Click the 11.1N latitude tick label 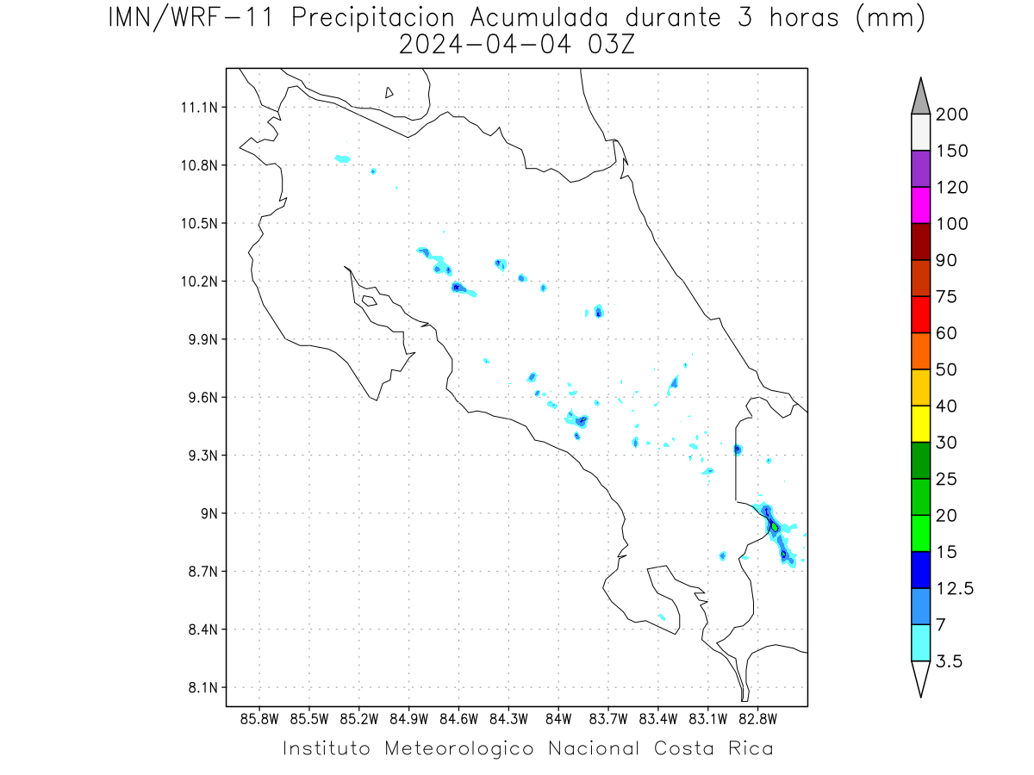199,108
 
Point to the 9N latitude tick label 209,513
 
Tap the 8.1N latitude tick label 203,687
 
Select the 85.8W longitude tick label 259,720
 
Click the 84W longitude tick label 558,720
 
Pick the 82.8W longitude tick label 757,720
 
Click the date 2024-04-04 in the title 485,45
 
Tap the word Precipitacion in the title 372,18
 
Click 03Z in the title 611,45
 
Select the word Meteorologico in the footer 458,748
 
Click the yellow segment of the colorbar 920,424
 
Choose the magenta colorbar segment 920,205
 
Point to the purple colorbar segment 920,169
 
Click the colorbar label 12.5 955,588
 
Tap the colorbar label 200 951,114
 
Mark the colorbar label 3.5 949,661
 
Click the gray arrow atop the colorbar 920,99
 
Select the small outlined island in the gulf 370,301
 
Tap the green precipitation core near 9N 775,527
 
